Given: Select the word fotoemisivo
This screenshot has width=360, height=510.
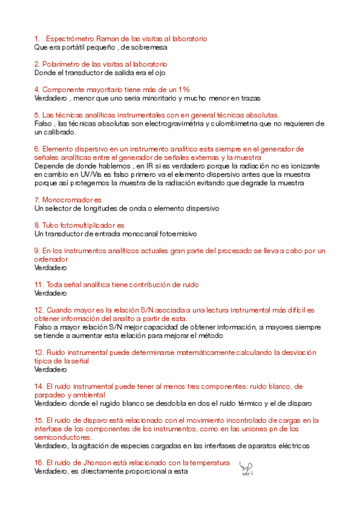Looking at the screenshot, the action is point(177,233).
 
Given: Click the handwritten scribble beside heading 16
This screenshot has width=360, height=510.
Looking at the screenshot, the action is point(245,467).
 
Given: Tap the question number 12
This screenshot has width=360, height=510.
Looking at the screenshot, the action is point(38,310).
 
